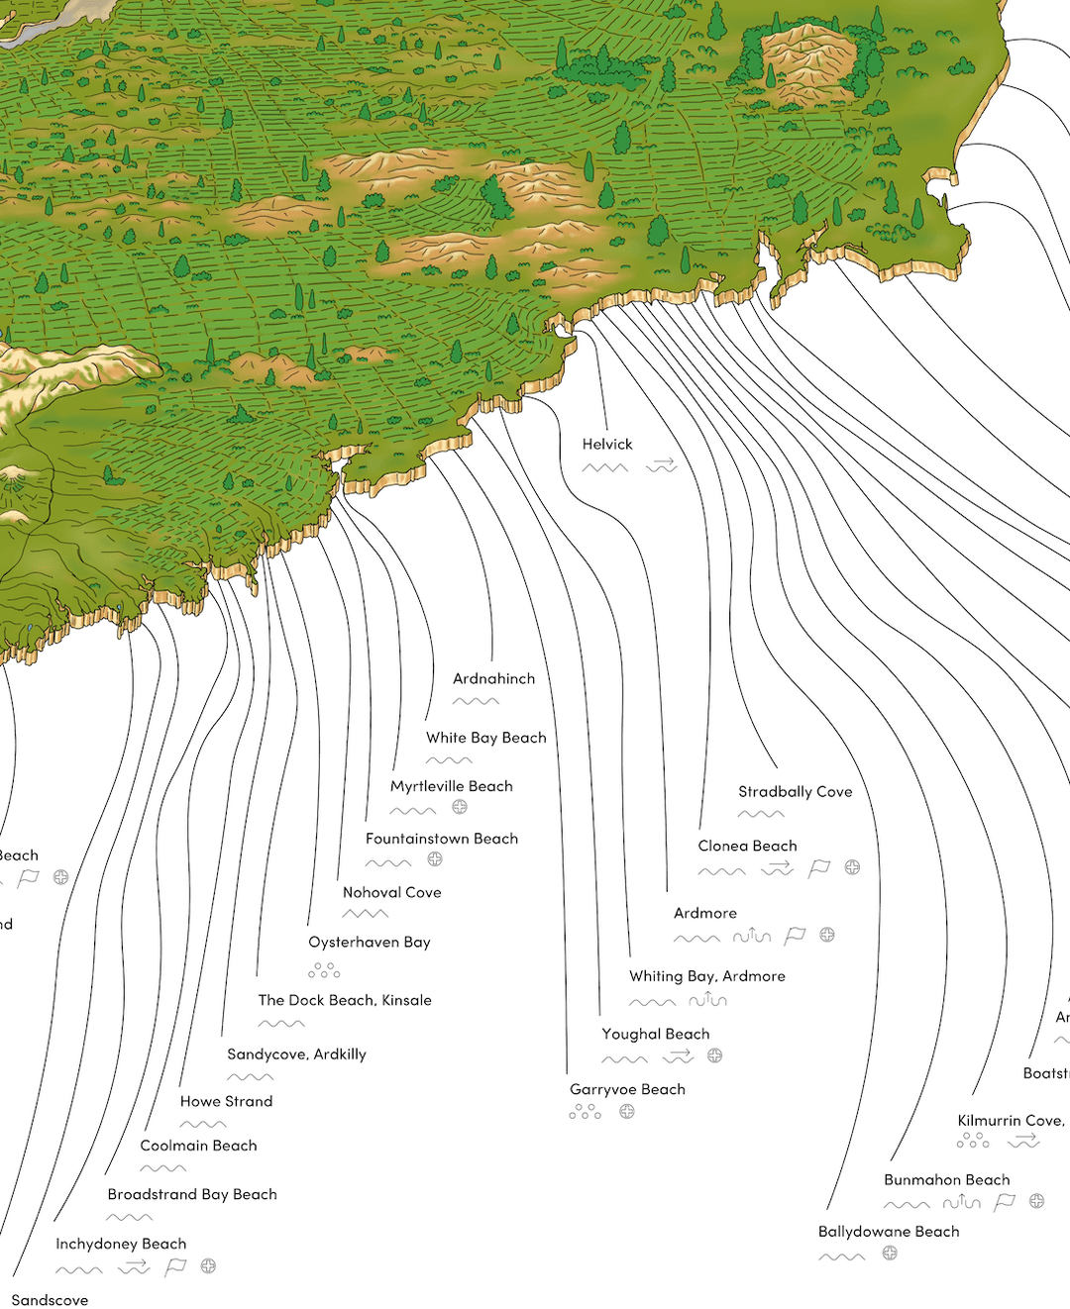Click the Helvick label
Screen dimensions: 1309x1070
click(606, 445)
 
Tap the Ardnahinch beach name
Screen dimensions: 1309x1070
click(493, 679)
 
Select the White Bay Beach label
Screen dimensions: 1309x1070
click(485, 738)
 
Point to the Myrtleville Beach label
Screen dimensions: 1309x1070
click(451, 786)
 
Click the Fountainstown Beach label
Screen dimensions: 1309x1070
click(441, 839)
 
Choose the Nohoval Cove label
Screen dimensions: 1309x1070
click(391, 892)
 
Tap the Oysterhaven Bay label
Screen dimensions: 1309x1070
click(369, 943)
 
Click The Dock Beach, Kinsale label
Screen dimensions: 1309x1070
click(345, 1000)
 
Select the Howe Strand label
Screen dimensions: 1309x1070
click(226, 1101)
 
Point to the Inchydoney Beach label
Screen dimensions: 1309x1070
click(121, 1244)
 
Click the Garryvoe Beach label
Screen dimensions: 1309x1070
click(627, 1089)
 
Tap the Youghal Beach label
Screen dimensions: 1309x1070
click(655, 1034)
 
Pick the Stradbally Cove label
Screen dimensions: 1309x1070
click(795, 792)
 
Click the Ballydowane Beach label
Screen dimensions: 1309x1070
click(889, 1232)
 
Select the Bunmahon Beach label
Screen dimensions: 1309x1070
click(946, 1180)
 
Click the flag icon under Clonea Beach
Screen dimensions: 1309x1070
click(819, 868)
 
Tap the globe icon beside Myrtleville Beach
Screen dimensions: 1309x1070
click(460, 807)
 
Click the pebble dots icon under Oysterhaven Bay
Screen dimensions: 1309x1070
click(324, 970)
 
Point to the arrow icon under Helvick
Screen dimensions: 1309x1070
click(662, 464)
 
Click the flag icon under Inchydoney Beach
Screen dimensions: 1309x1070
click(175, 1266)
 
